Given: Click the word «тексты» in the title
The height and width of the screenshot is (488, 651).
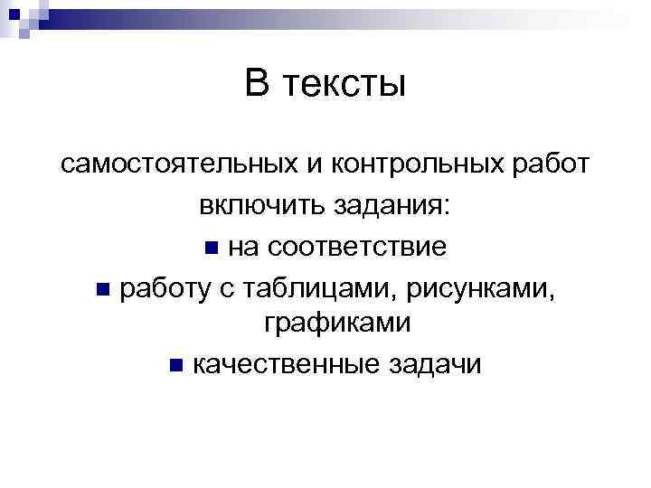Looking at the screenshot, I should coord(344,85).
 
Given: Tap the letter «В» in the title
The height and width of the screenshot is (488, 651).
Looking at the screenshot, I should coord(258,85).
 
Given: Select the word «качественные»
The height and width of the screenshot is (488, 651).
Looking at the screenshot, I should coord(284,364).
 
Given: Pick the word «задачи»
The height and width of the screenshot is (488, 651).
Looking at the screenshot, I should coord(436,364).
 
